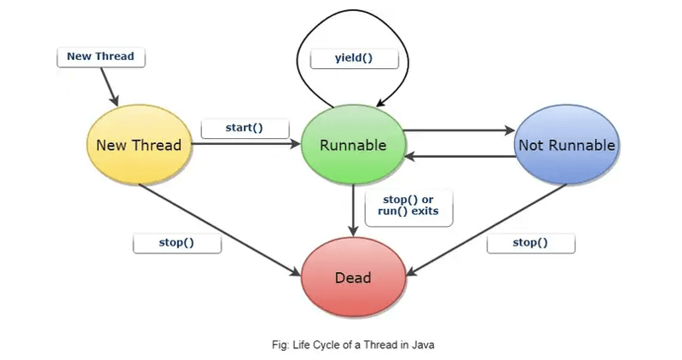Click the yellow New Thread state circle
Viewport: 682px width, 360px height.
coord(139,145)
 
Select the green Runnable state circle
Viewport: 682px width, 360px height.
coord(353,145)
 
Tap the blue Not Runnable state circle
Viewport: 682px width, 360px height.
coord(567,145)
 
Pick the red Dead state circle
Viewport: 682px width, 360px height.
coord(352,277)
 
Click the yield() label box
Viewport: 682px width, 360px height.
coord(354,59)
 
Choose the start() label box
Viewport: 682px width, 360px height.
coord(244,128)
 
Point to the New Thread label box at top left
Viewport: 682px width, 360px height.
coord(101,57)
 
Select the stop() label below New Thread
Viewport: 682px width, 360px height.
coord(176,242)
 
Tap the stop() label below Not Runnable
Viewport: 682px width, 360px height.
coord(530,242)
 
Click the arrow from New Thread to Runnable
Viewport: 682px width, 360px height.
coord(247,145)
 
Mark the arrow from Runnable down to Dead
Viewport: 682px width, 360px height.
coord(353,209)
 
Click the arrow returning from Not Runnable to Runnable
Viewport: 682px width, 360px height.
coord(460,157)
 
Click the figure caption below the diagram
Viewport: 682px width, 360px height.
coord(352,345)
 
